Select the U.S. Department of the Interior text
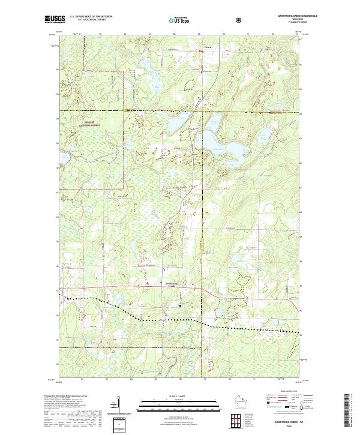pos(91,17)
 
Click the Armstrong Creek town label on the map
pos(171,284)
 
